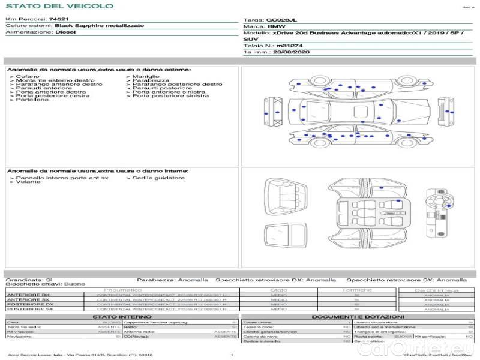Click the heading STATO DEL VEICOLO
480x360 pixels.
(x=59, y=6)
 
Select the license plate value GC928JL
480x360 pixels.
(x=281, y=20)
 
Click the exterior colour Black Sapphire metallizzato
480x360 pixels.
(x=91, y=26)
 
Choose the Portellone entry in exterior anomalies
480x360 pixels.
(x=32, y=100)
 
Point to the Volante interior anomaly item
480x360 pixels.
(x=28, y=182)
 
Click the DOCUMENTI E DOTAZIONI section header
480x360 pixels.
(x=358, y=316)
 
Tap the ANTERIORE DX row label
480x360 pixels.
(x=28, y=295)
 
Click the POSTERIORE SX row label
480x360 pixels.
(x=29, y=309)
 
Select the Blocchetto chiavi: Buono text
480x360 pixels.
(x=46, y=284)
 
